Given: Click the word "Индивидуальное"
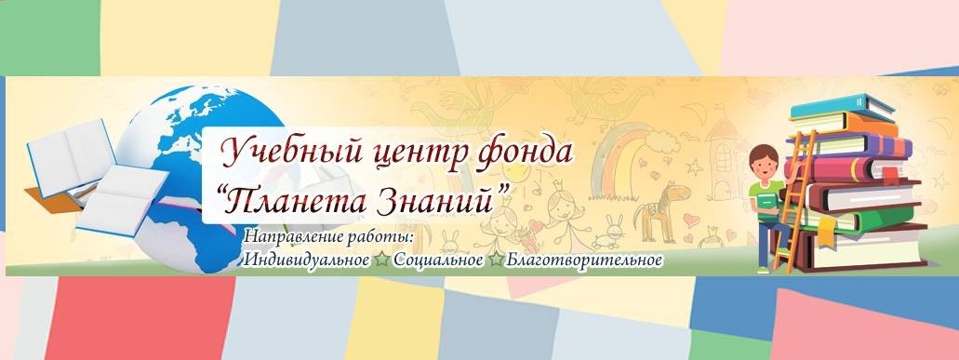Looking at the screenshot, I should point(306,260).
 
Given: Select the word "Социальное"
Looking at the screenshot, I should point(438,260).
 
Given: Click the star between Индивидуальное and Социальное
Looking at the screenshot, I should point(381,260).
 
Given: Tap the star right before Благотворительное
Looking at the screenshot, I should point(496,260).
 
